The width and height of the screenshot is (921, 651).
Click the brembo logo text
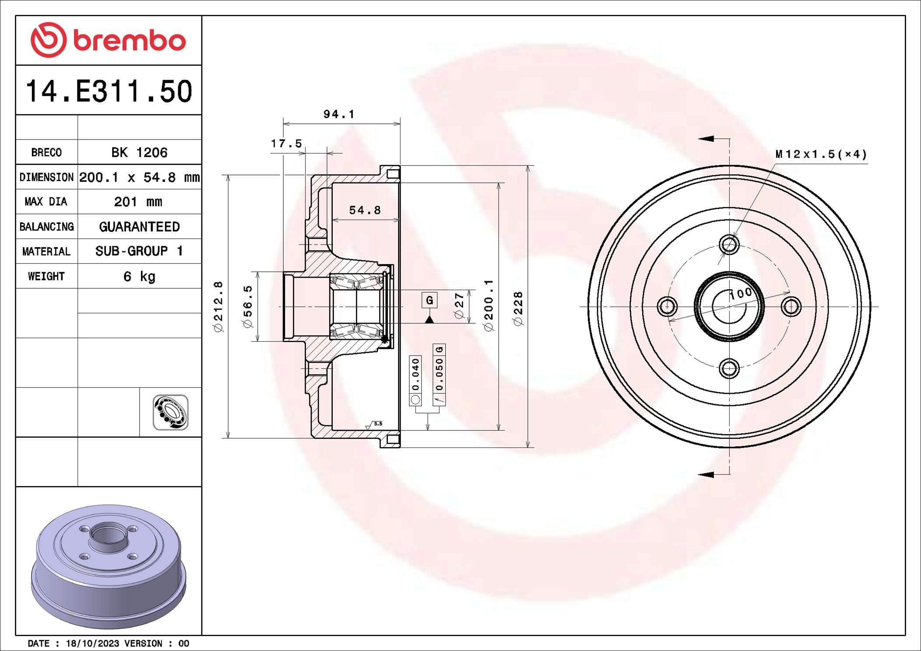130,41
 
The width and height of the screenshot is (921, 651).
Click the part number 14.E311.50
109,91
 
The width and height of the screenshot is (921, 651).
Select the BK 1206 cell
139,152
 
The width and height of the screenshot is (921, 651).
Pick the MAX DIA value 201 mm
138,202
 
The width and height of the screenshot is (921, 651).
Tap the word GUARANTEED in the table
139,227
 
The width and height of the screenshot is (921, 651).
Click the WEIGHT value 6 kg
139,276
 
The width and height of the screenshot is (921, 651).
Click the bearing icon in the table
170,412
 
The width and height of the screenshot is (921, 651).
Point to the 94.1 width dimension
338,114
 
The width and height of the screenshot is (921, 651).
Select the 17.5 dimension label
286,143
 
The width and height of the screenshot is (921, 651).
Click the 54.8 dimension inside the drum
365,210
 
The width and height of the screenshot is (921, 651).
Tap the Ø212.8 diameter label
218,306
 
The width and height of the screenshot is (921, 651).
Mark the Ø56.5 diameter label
248,306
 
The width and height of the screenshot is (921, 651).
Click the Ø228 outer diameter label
518,308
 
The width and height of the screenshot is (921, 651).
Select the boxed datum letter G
429,300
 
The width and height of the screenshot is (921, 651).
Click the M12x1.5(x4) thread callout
821,154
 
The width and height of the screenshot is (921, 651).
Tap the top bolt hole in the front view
729,244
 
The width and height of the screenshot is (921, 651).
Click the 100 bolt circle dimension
741,293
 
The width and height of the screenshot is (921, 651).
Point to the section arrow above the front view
706,139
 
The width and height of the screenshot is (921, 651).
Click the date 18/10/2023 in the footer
92,644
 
